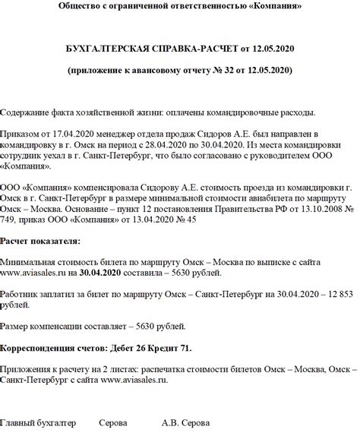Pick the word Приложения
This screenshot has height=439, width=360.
[x=27, y=370]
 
